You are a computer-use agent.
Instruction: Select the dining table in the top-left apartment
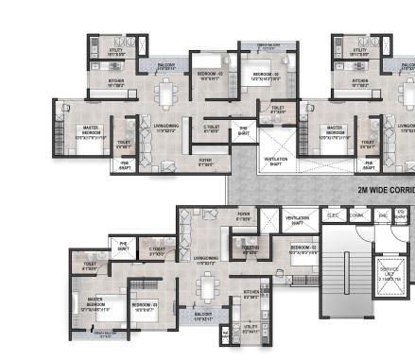166,94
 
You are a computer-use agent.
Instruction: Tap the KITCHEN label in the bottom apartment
251,293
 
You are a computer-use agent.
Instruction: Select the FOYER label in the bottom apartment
244,216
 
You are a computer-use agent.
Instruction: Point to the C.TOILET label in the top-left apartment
212,129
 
